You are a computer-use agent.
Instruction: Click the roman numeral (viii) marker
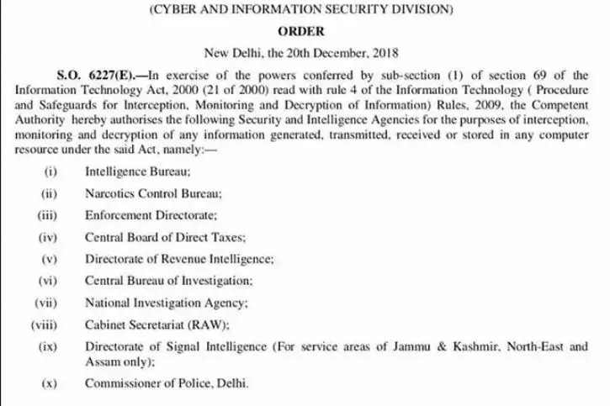click(45, 324)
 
